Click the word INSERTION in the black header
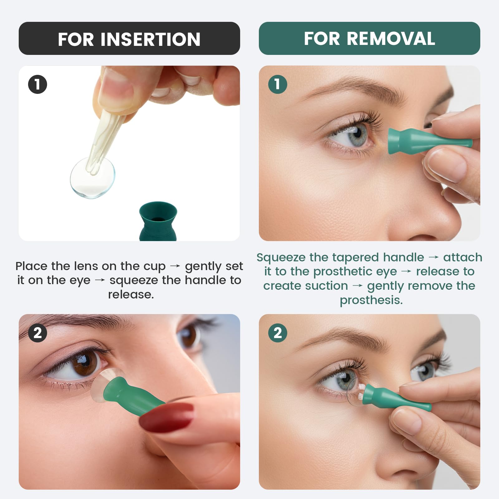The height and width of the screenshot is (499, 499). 150,39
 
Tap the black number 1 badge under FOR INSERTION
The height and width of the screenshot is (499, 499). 37,85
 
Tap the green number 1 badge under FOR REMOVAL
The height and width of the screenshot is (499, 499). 278,85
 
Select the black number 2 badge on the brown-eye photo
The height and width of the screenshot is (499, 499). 37,333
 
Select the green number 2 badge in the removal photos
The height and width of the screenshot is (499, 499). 278,333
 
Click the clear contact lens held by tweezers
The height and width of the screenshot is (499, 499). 93,178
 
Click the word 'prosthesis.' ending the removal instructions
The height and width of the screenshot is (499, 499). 371,300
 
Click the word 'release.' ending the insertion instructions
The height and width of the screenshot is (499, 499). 131,294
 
